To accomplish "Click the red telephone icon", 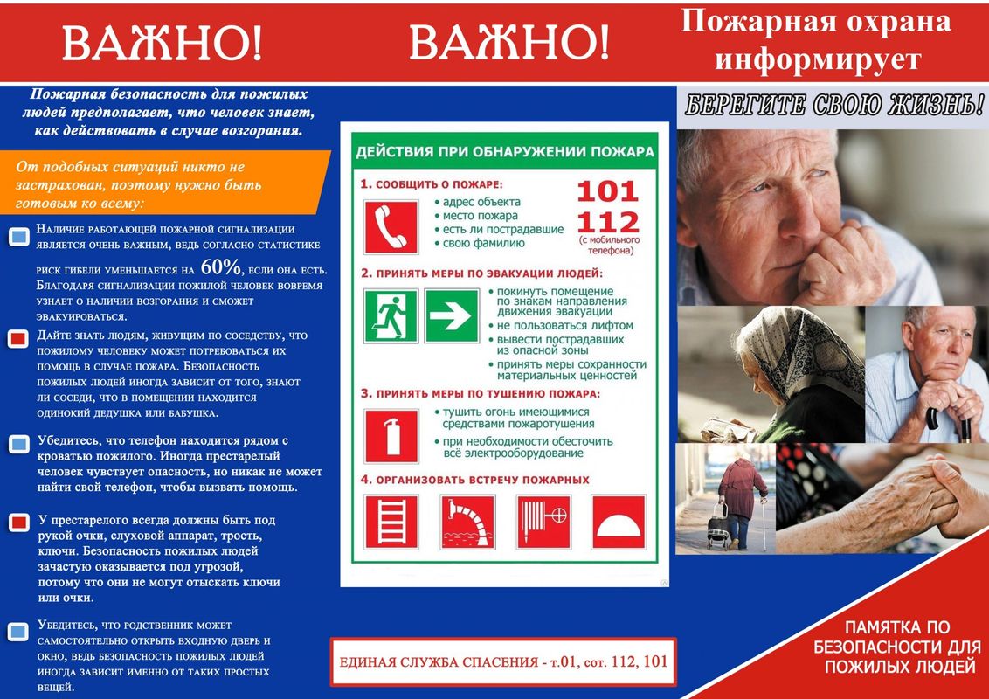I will pos(390,225).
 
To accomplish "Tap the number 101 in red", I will pos(607,191).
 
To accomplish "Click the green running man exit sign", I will pos(391,315).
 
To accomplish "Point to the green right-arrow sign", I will pos(452,315).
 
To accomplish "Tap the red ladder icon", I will pos(390,523).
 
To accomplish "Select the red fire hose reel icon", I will pos(543,523).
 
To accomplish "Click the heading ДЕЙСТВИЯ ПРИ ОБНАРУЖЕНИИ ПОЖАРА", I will pos(505,152).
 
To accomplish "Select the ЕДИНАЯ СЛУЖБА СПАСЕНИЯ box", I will pos(502,661).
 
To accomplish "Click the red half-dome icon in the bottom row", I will pos(619,523).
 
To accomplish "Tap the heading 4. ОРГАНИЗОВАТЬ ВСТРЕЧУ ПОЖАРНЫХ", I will pos(476,480).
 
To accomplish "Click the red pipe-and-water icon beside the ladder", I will pos(467,523).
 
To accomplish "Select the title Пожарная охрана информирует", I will pos(816,40).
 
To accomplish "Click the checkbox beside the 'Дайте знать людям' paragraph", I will pos(18,339).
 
